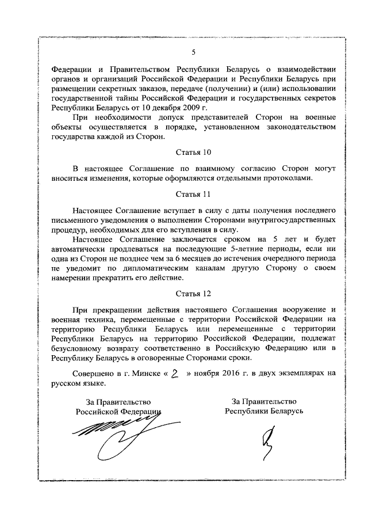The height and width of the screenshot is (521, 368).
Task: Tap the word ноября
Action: (204, 373)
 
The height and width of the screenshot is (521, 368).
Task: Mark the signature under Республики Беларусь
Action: (266, 445)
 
